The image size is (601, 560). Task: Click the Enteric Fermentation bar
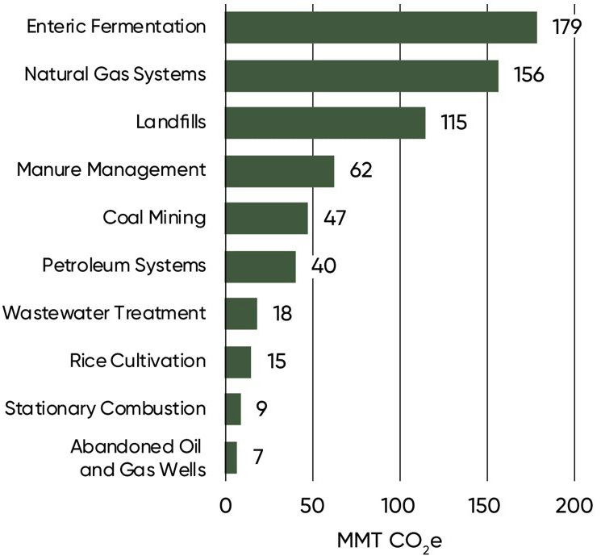tap(381, 27)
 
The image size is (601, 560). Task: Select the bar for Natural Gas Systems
tap(361, 75)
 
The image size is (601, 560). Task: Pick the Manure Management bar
tap(279, 171)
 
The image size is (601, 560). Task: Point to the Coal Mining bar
tap(266, 218)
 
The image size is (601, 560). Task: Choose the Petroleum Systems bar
tap(261, 265)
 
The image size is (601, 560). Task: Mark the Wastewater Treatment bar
tap(241, 313)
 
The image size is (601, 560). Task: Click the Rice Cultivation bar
tap(238, 361)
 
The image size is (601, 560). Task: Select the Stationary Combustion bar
tap(233, 408)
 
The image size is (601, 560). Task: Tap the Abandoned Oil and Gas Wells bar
tap(231, 457)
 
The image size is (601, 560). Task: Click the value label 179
tap(567, 27)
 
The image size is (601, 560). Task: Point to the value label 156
tap(530, 75)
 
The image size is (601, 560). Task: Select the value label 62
tap(361, 171)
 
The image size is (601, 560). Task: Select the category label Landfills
tap(170, 123)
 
